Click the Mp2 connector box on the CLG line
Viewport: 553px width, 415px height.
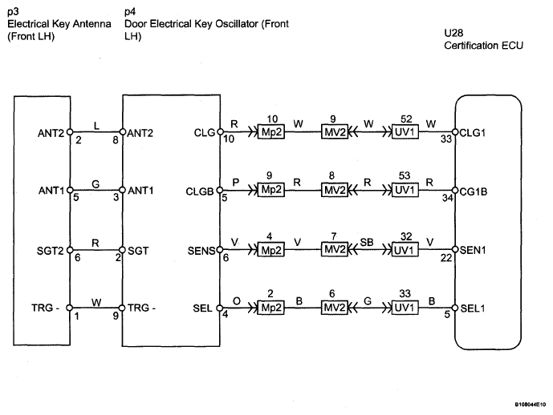click(270, 132)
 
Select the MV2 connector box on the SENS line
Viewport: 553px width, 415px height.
click(335, 250)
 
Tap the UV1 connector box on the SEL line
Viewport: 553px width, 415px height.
click(405, 308)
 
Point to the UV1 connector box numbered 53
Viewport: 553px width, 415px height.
click(405, 190)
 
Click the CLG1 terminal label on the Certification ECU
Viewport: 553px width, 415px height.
click(473, 133)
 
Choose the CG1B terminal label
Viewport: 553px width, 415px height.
click(474, 191)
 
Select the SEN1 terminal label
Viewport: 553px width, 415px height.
click(473, 250)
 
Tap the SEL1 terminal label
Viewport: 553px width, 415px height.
click(473, 308)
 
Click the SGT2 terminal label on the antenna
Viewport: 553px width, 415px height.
click(50, 251)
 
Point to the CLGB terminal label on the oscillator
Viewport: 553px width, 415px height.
click(200, 191)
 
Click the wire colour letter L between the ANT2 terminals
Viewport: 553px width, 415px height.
click(96, 126)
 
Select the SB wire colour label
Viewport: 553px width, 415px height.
click(367, 242)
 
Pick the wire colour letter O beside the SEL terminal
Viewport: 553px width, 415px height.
click(237, 301)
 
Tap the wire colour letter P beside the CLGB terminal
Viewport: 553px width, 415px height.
click(236, 183)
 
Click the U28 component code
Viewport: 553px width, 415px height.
click(453, 33)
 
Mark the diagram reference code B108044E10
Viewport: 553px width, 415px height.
click(530, 405)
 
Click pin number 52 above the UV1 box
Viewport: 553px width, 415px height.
click(406, 119)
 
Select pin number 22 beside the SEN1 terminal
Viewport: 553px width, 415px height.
click(446, 258)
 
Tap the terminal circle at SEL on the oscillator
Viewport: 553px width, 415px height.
click(219, 308)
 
